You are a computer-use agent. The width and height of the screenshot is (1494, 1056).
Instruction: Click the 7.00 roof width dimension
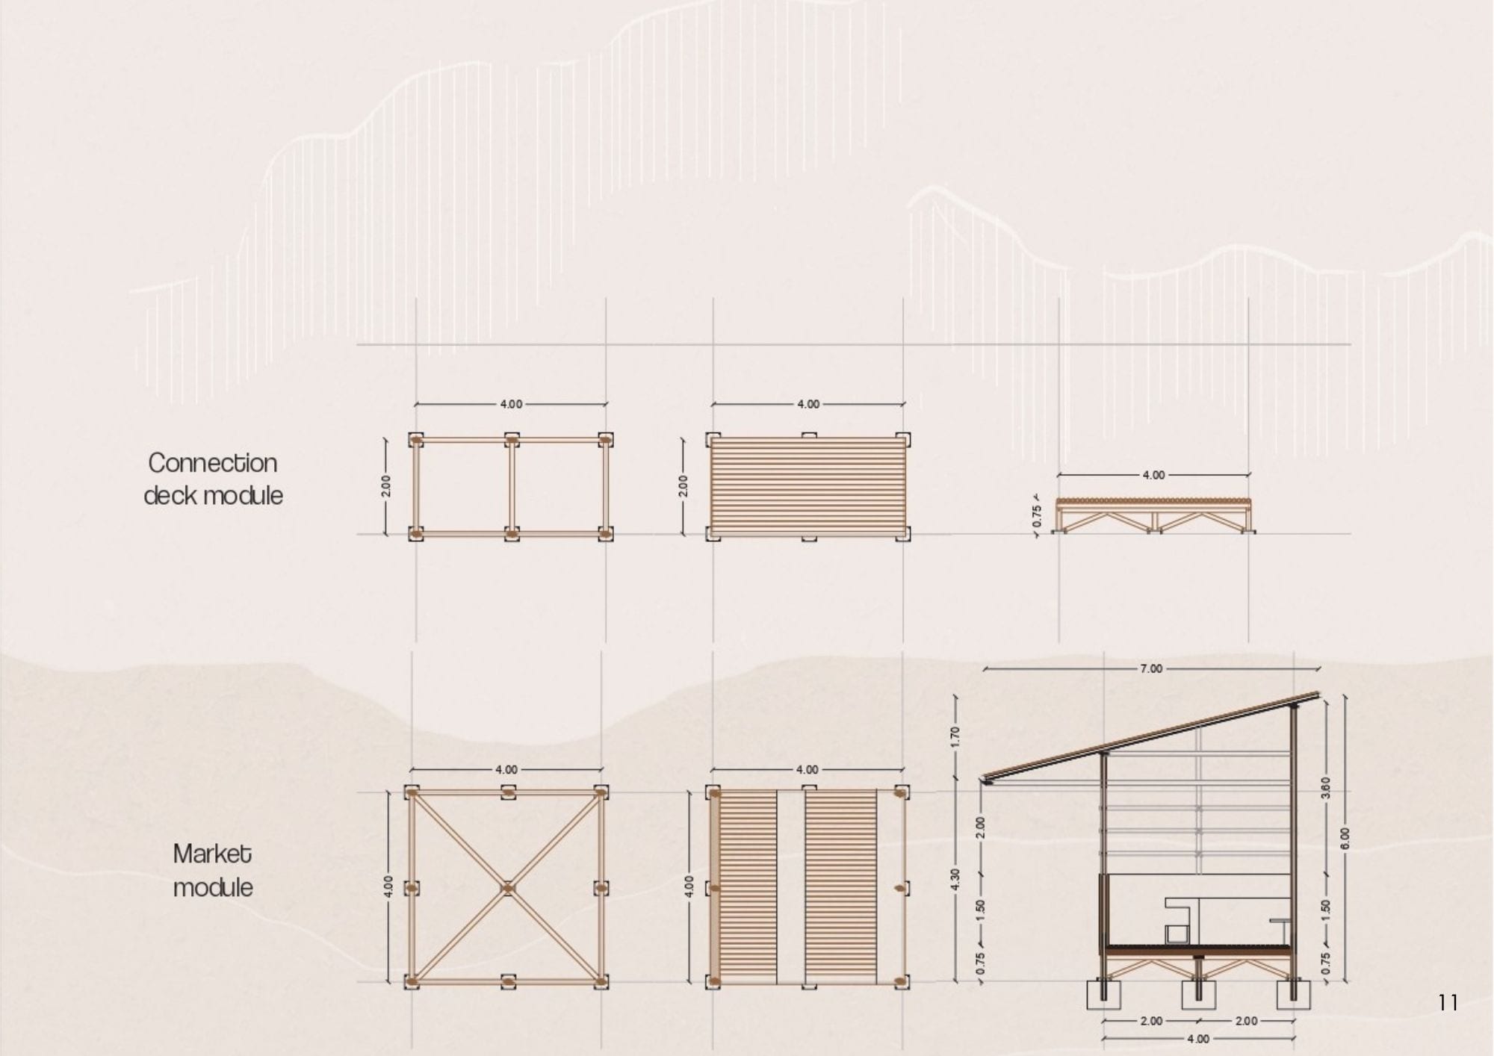tap(1151, 668)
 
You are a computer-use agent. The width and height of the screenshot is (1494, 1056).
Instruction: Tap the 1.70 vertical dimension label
tap(955, 736)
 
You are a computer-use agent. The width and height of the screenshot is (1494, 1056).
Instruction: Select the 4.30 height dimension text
tap(955, 879)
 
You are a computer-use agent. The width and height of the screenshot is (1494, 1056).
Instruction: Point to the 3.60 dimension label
tap(1326, 787)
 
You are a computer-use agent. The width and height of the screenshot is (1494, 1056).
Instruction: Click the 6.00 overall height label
tap(1345, 838)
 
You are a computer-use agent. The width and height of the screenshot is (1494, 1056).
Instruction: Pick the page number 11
tap(1448, 1002)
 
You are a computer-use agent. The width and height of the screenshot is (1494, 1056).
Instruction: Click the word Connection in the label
tap(213, 463)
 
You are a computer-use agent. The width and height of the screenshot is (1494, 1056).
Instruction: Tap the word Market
tap(212, 854)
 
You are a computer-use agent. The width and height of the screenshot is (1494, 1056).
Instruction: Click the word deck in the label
tap(170, 495)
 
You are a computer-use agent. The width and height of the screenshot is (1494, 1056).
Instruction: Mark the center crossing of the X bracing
tap(508, 888)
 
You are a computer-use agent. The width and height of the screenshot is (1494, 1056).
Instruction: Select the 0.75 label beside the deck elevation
tap(1036, 516)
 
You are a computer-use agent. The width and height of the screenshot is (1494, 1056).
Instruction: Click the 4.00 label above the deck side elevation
tap(1153, 475)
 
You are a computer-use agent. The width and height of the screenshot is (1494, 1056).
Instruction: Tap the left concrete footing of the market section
tap(1104, 995)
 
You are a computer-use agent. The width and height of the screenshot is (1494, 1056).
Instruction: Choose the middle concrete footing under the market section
tap(1198, 995)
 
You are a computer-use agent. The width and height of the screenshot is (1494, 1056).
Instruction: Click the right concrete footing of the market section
tap(1293, 995)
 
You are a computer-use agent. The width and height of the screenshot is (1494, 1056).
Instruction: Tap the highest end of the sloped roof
tap(1318, 695)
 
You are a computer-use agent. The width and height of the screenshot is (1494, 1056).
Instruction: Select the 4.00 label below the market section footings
tap(1197, 1039)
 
